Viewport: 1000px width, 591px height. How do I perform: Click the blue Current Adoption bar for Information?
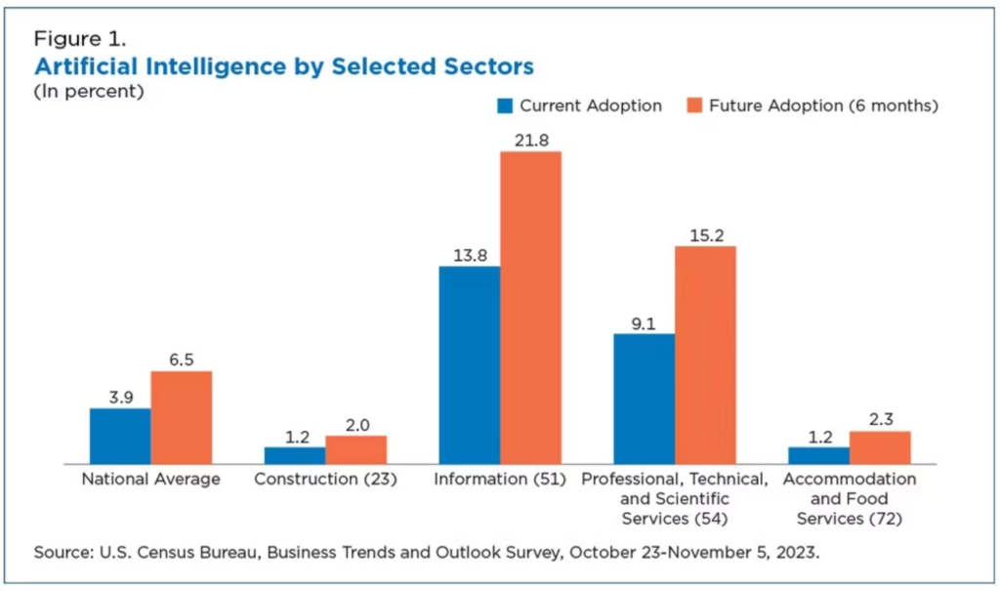469,364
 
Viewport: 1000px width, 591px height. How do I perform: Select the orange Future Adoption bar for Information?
530,308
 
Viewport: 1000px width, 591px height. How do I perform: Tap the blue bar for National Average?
120,436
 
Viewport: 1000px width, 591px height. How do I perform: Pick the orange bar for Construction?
355,449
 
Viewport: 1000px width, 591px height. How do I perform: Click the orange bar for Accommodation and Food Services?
879,447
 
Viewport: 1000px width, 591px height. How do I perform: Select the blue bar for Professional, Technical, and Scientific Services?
644,399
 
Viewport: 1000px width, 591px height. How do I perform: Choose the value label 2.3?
880,418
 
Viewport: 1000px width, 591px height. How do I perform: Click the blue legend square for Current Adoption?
505,106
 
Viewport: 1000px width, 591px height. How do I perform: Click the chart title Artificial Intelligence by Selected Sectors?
284,66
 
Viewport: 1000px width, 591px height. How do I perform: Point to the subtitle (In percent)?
89,92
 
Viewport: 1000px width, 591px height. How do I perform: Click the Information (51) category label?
499,479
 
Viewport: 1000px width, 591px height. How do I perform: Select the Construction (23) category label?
325,479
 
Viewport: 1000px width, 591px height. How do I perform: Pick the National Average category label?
150,479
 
